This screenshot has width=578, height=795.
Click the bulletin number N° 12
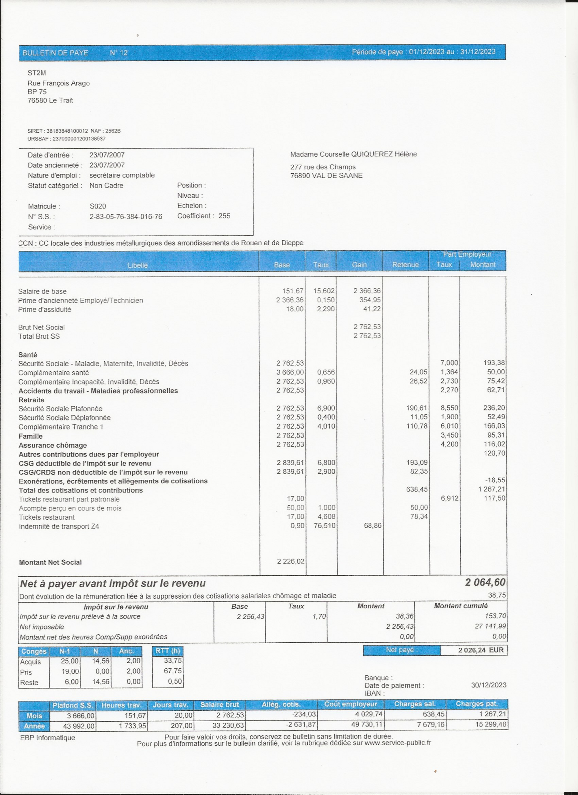(x=118, y=53)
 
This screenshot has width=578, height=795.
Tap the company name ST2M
(x=37, y=73)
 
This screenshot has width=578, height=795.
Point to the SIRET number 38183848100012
(x=67, y=131)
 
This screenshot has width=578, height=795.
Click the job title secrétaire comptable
(x=122, y=175)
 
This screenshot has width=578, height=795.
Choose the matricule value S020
(x=98, y=206)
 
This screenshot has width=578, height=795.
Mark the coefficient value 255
(x=224, y=216)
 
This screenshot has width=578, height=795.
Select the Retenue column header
(x=405, y=265)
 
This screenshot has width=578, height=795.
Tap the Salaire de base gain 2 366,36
(x=367, y=291)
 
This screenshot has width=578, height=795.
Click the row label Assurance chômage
(x=53, y=445)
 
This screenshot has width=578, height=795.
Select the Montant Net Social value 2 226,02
(x=290, y=561)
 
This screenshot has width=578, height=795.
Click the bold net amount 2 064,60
(x=485, y=582)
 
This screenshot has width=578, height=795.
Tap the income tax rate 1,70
(x=319, y=616)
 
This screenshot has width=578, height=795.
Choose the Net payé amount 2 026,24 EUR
(x=481, y=650)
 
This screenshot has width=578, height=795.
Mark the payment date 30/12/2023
(x=488, y=685)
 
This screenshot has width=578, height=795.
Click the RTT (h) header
(x=168, y=651)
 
